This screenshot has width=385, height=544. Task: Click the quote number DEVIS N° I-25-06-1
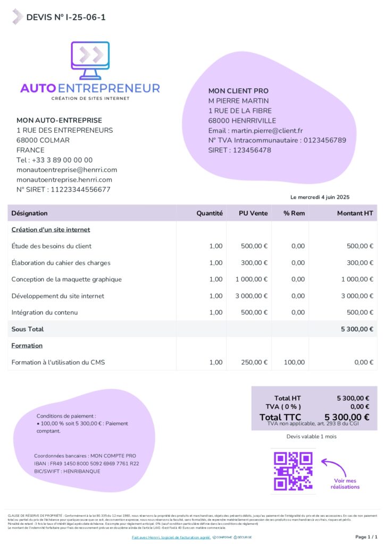pos(66,18)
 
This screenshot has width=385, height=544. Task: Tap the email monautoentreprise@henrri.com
pos(66,170)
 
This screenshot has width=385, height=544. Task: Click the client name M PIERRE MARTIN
pos(238,101)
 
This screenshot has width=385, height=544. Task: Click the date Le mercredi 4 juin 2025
pos(320,197)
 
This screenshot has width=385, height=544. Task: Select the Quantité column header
pos(209,213)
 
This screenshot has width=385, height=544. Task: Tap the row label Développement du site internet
pos(58,296)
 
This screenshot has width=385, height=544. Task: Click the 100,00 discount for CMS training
pos(295,362)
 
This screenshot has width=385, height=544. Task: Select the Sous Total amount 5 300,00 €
pos(357,329)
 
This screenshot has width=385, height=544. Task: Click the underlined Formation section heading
pos(27,346)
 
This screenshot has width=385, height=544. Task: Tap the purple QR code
pos(293,471)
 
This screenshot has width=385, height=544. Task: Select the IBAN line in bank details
pos(86,463)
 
